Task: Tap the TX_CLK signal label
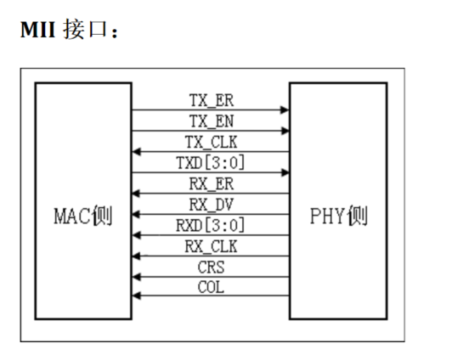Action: point(211,142)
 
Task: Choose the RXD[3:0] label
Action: point(211,226)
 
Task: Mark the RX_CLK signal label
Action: point(211,247)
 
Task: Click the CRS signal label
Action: point(211,267)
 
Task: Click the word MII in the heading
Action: point(38,31)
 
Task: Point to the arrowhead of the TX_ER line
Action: point(285,110)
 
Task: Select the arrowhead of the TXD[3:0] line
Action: point(285,173)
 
